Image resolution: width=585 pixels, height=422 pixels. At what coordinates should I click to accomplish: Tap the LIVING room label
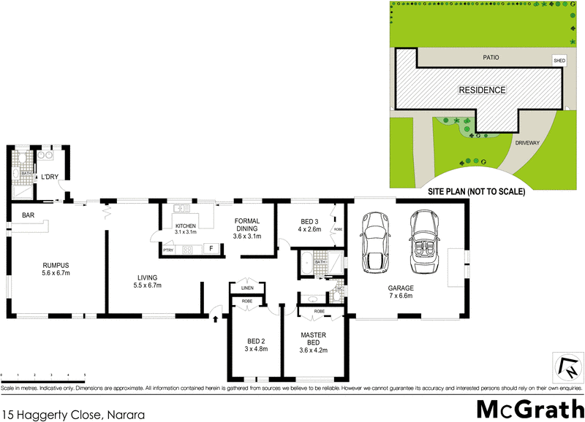pos(148,280)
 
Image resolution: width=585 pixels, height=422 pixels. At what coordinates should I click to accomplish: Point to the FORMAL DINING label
pos(247,228)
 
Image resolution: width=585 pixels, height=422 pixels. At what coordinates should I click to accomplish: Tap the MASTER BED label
pos(313,340)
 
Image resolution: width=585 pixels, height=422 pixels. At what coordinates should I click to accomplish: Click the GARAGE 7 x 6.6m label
pos(401,292)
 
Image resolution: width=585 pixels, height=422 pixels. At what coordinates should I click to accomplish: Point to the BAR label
pos(29,215)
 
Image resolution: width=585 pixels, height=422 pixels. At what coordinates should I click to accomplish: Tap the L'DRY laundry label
pos(50,177)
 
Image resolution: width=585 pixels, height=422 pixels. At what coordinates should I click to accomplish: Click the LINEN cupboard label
pos(246,288)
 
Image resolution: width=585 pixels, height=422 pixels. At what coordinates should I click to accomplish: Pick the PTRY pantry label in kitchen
pos(168,250)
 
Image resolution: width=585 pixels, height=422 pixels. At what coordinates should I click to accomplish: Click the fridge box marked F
pos(211,249)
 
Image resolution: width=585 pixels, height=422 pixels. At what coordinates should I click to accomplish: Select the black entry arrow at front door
pos(216,317)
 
